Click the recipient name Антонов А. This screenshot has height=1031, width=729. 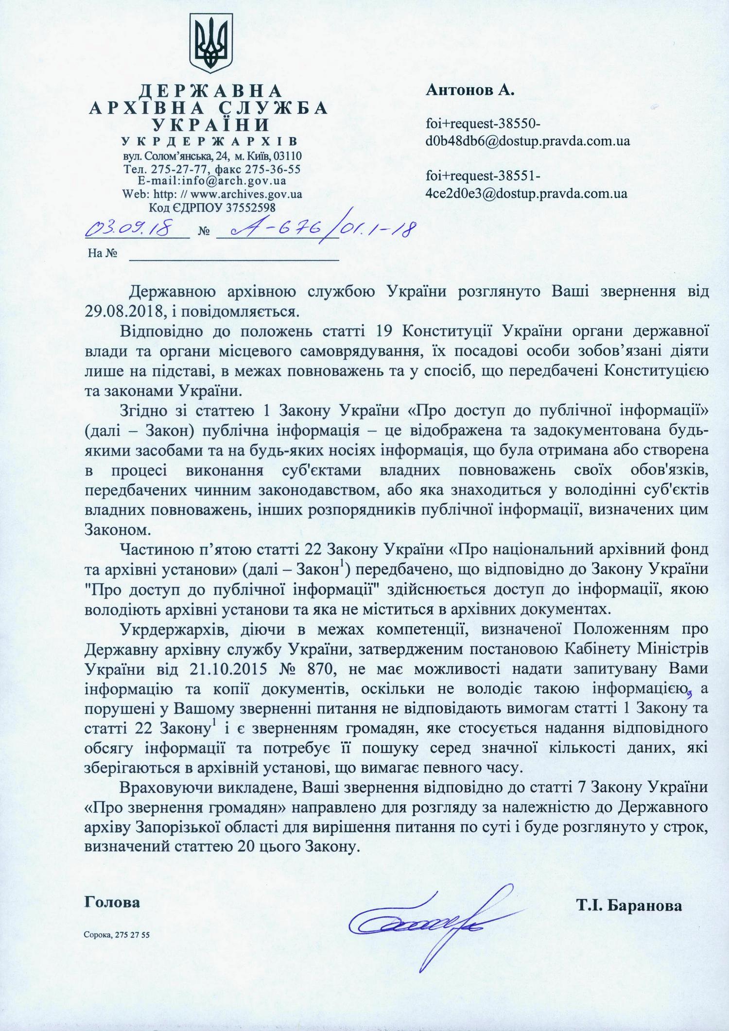pyautogui.click(x=470, y=90)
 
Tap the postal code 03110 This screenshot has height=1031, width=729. pyautogui.click(x=287, y=156)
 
